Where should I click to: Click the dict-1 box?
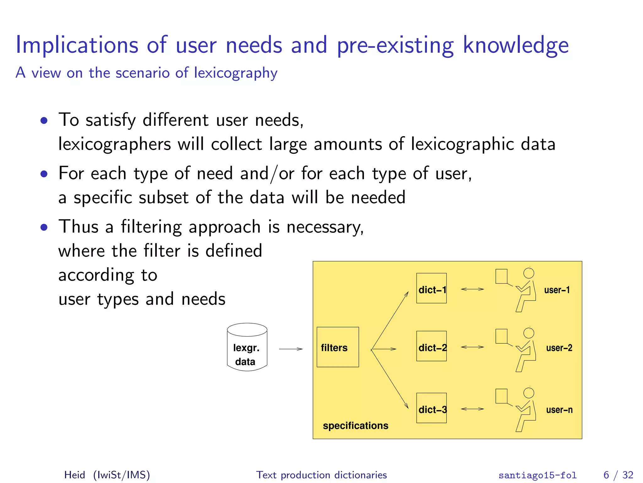coord(431,288)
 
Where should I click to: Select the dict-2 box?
coord(431,346)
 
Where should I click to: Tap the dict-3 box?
coord(431,408)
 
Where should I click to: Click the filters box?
coord(338,347)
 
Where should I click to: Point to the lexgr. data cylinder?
coord(247,347)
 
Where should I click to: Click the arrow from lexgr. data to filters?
coord(291,349)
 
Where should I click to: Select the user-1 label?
coord(557,290)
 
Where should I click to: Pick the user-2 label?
coord(559,348)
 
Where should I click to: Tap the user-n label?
coord(559,410)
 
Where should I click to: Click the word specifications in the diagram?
coord(355,425)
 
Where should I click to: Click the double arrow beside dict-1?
coord(472,289)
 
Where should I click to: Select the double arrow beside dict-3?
coord(472,409)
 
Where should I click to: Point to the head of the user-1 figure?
coord(529,273)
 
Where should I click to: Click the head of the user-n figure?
coord(529,393)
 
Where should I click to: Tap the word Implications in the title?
coord(77,45)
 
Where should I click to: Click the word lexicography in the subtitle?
coord(235,73)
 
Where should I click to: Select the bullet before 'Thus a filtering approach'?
coord(44,227)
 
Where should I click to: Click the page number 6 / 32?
coord(618,475)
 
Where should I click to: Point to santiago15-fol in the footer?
coord(538,475)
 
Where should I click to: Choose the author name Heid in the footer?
coord(75,475)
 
